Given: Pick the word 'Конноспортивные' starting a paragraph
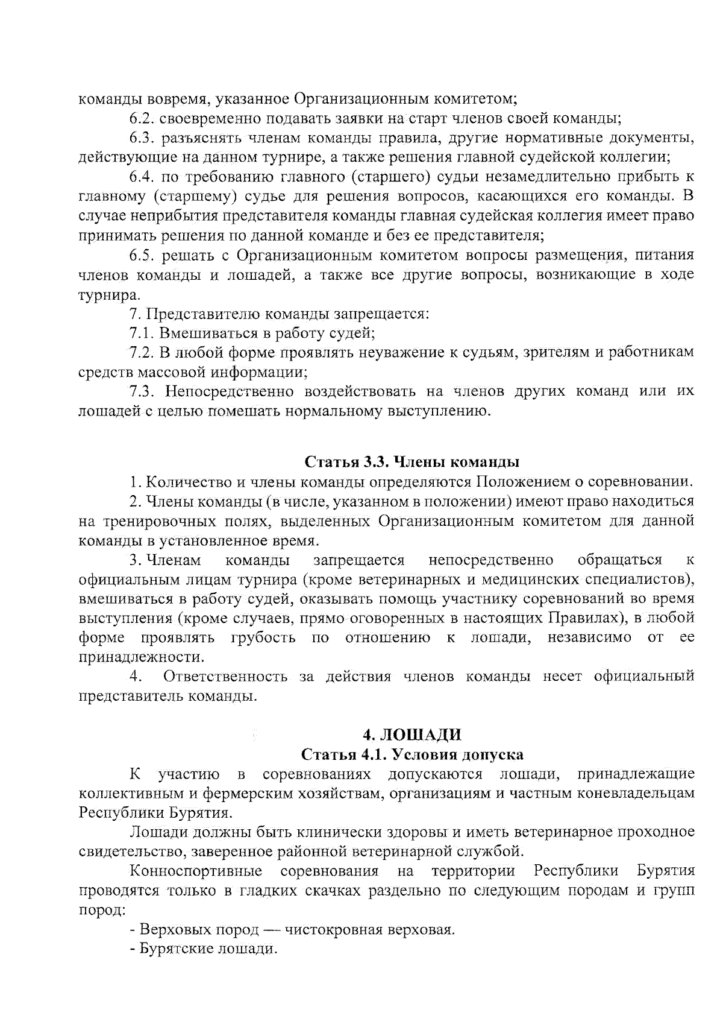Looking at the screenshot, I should (196, 871).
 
